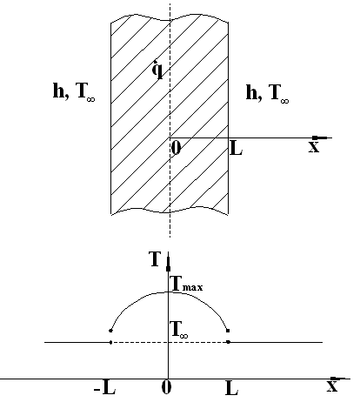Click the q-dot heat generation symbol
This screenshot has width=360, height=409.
[158, 70]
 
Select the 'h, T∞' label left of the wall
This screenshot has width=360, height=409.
[74, 91]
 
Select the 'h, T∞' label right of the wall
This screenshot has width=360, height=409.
[267, 93]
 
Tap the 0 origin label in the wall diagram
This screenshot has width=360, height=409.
[176, 148]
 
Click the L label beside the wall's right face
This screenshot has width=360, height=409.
[236, 149]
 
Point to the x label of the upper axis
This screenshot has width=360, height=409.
[314, 147]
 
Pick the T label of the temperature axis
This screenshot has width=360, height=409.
[155, 258]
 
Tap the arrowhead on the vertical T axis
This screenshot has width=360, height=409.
[168, 264]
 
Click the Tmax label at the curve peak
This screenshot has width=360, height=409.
[187, 284]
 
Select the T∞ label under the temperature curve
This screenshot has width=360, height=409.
[180, 330]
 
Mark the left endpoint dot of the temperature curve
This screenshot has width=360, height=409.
[110, 331]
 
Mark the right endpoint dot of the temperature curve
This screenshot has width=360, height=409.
[228, 331]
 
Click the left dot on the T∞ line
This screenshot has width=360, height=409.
[110, 342]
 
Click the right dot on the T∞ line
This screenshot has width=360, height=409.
[228, 342]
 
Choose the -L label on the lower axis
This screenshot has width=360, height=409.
[104, 388]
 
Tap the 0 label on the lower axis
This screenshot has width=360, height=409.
[166, 387]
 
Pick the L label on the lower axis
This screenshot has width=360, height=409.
[232, 389]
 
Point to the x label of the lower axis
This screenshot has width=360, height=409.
[332, 386]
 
